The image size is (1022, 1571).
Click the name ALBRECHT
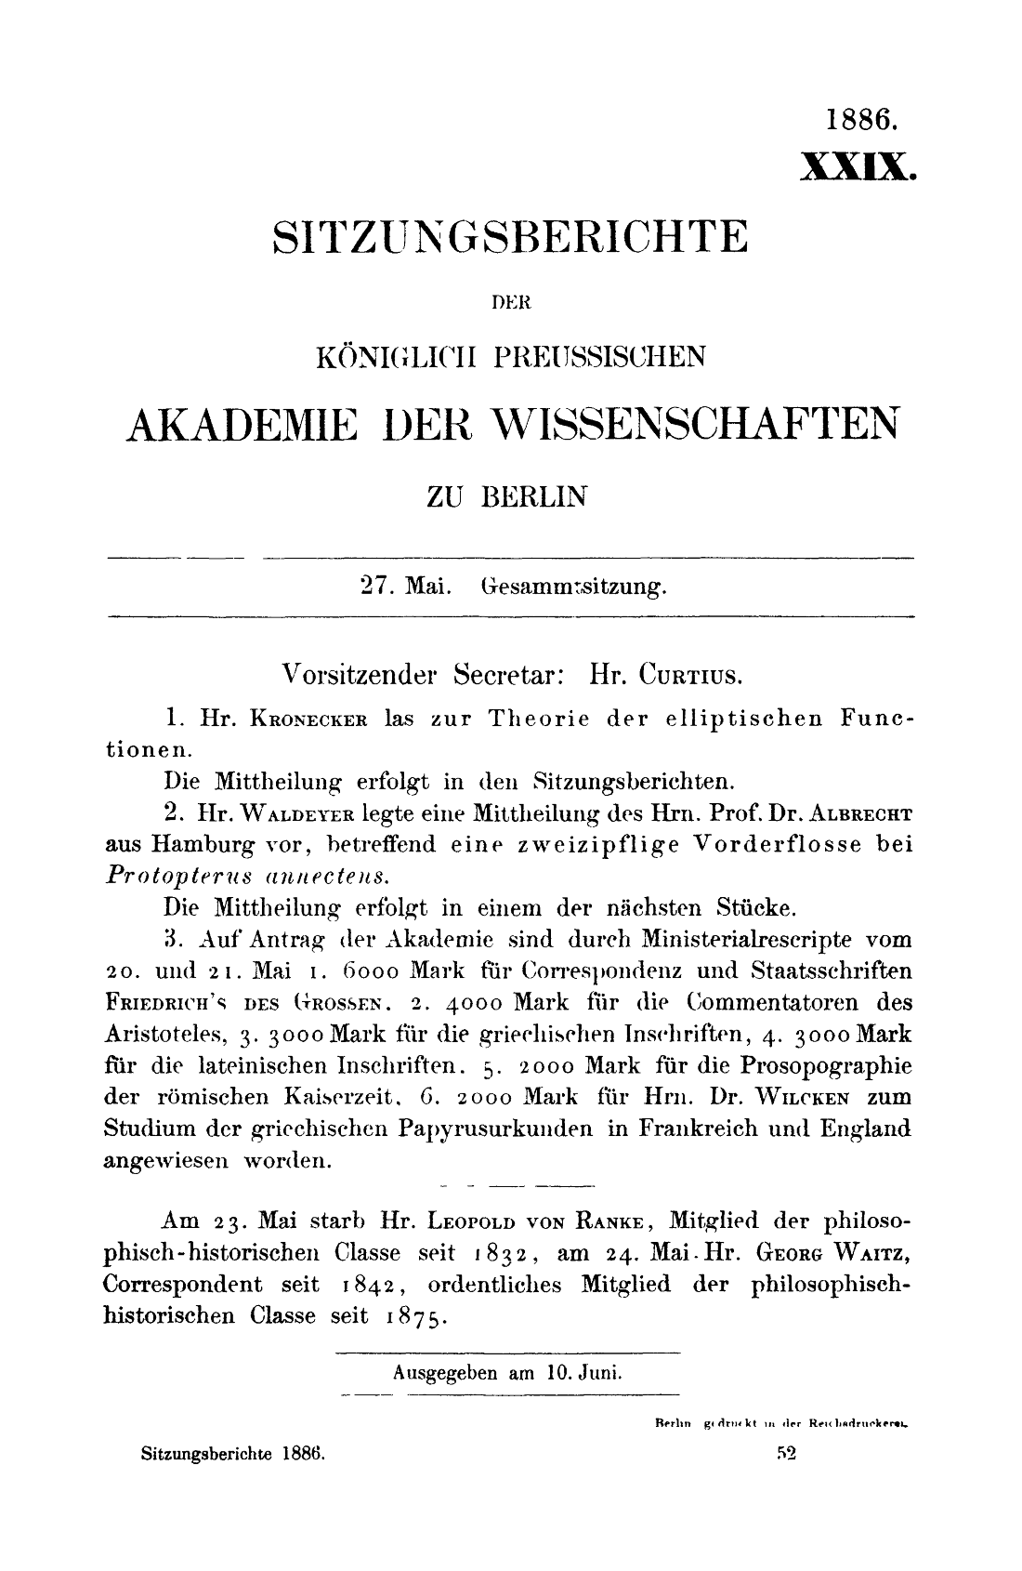click(860, 810)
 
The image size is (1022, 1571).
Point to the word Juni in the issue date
click(598, 1371)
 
